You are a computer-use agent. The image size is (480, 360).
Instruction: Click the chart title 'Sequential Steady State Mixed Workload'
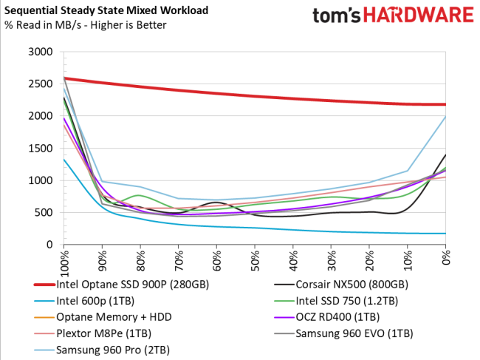[105, 11]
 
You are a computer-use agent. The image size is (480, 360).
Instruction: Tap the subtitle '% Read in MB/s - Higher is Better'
[85, 26]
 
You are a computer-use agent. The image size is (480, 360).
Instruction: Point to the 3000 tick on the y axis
[39, 52]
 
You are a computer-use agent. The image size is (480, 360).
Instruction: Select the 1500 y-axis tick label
[39, 149]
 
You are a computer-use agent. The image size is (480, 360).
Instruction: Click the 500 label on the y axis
[42, 213]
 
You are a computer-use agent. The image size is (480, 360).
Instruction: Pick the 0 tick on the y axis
[48, 245]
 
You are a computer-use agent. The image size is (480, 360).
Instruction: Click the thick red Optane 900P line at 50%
[255, 97]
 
